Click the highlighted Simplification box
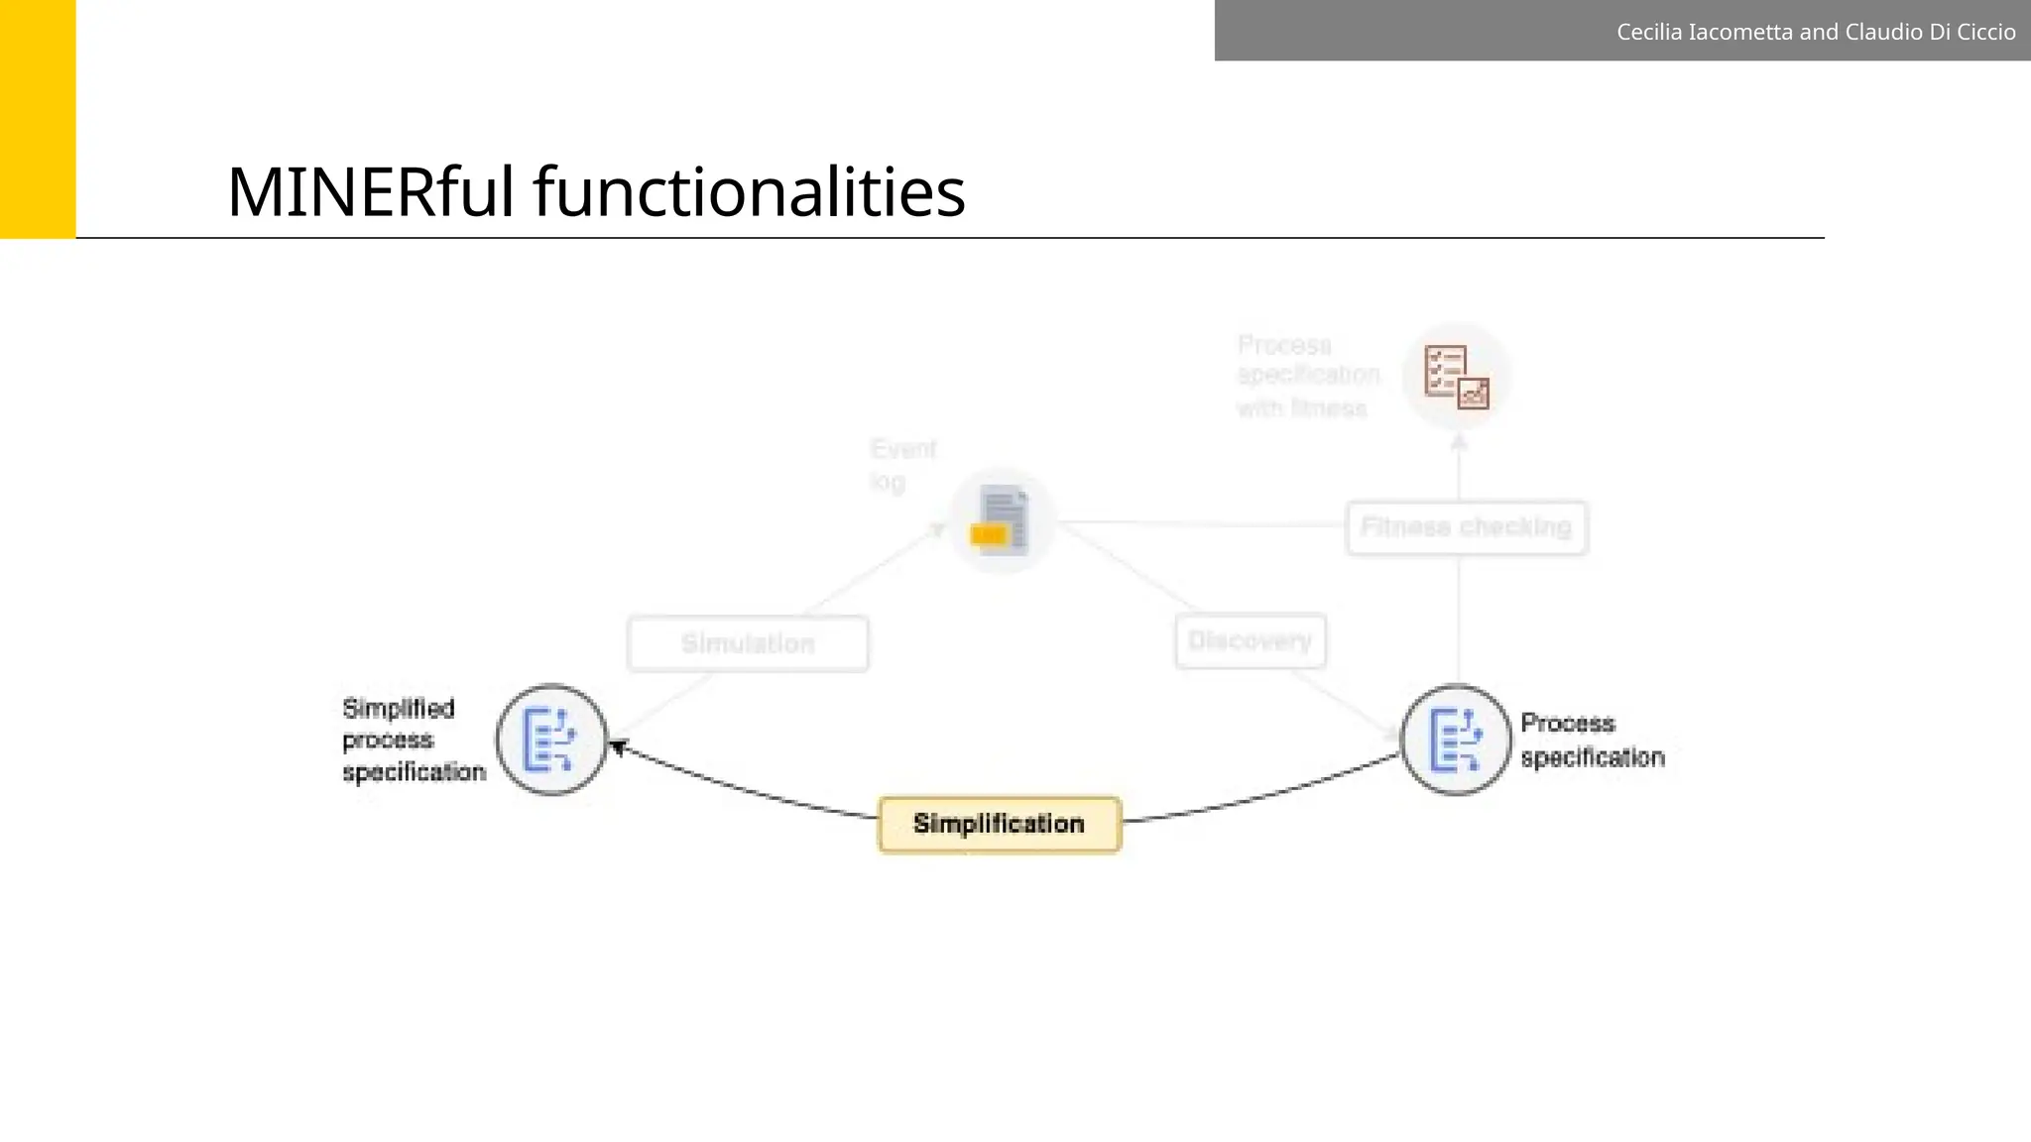pos(1000,824)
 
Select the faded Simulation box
pos(749,643)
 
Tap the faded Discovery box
pos(1251,641)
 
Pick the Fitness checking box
pos(1467,527)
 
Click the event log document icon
pos(1003,520)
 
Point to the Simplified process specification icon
pos(551,740)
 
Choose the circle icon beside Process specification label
pos(1456,740)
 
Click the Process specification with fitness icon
pos(1457,376)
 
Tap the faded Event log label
pos(902,465)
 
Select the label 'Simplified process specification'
pos(414,740)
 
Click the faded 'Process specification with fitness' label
pos(1308,376)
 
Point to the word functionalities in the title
pos(750,191)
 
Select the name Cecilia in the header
pos(1649,32)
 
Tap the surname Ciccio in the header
pos(1984,32)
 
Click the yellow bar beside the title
pos(38,119)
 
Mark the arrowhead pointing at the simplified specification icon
pos(619,746)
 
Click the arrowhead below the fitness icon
pos(1459,443)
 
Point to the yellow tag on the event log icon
pos(989,535)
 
